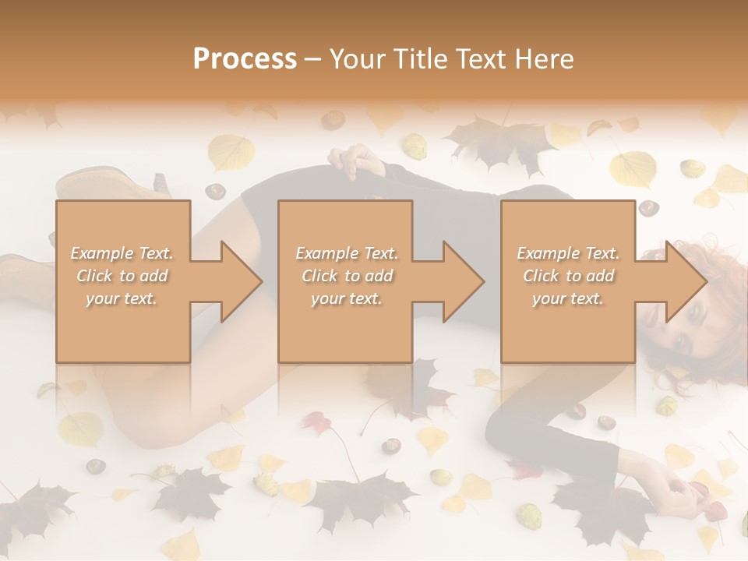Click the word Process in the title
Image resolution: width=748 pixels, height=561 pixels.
245,59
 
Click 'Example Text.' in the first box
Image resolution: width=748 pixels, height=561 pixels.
122,253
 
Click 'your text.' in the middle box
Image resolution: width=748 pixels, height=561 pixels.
346,298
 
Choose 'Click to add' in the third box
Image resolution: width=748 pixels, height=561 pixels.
568,276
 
